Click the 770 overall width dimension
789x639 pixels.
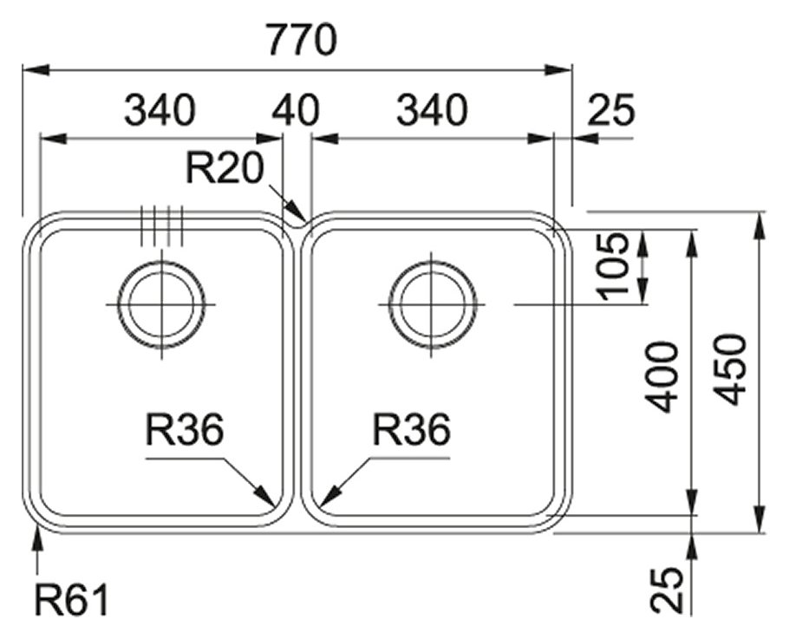[301, 40]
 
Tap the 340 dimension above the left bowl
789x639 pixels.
[160, 110]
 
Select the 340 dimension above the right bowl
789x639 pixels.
[432, 110]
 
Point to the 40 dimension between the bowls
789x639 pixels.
[295, 110]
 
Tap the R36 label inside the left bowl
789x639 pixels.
[185, 430]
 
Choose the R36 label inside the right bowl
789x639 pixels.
[411, 430]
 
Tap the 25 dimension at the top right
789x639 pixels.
[611, 110]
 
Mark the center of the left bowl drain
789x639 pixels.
[161, 305]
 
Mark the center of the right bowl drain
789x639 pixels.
[433, 305]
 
